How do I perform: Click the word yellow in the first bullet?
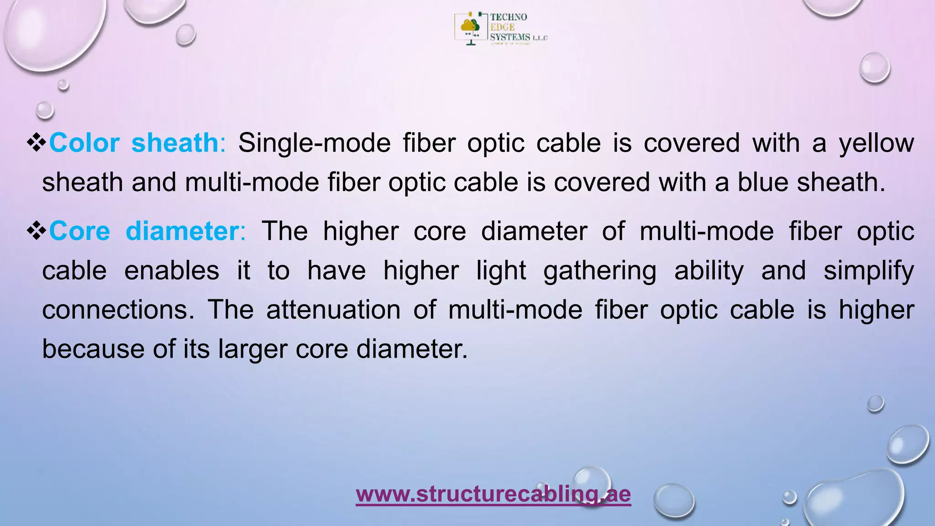[876, 143]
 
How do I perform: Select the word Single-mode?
[314, 143]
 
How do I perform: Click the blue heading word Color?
[84, 143]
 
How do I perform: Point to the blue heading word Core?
[79, 231]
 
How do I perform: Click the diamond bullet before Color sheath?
[37, 143]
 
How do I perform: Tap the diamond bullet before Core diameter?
[37, 231]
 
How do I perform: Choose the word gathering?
[599, 271]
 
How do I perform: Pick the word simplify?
[868, 271]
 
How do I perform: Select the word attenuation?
[333, 310]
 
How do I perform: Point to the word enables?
[172, 271]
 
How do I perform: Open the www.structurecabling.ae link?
[493, 494]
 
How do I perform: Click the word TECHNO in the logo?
[509, 17]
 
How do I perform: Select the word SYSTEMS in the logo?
[510, 37]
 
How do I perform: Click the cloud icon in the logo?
[469, 26]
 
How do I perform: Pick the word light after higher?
[501, 271]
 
